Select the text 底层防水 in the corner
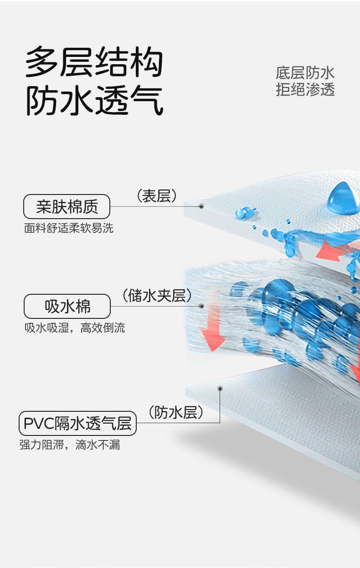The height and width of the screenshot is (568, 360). [x=305, y=72]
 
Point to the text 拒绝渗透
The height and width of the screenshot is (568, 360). [x=305, y=89]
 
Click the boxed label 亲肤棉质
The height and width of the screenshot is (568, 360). [x=67, y=207]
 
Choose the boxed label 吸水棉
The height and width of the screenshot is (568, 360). [x=67, y=306]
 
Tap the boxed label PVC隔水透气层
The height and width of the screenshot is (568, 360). [x=77, y=423]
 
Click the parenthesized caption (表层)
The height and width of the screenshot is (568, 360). [x=156, y=196]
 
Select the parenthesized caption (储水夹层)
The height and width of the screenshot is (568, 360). [x=157, y=296]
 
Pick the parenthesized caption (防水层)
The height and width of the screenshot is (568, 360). [x=175, y=413]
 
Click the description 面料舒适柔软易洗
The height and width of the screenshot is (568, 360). [x=69, y=228]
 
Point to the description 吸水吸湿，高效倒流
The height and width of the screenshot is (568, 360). [x=75, y=327]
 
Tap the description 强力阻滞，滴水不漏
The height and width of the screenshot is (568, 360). [x=70, y=445]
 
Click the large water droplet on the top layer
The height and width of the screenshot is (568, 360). [x=343, y=199]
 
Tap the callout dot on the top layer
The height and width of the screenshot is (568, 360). [x=201, y=206]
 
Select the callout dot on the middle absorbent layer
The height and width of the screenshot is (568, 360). [x=201, y=306]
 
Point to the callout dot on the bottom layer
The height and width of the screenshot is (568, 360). [x=220, y=389]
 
